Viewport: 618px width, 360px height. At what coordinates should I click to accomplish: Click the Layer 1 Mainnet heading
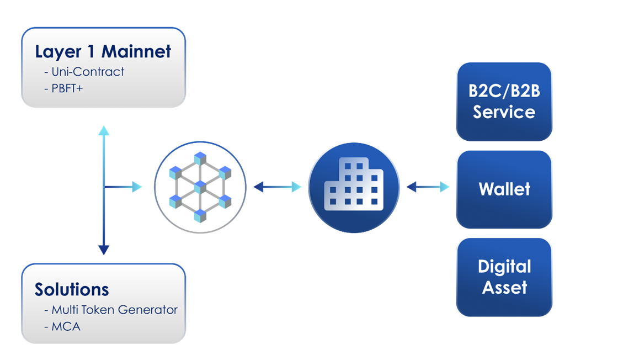(103, 52)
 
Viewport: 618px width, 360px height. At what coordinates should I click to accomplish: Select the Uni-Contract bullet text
(88, 72)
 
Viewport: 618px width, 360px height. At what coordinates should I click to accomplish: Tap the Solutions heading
(72, 289)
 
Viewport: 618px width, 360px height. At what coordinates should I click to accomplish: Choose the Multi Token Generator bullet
(114, 310)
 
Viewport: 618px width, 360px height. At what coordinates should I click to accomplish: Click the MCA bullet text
(66, 326)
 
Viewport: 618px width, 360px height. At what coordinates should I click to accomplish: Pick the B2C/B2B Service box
(504, 101)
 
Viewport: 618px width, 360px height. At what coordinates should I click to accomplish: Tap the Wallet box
(504, 189)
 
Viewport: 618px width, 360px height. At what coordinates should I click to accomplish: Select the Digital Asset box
(504, 277)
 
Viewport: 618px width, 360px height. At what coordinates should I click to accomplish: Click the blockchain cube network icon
(199, 188)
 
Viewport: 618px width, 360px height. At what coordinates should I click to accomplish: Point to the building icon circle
(353, 188)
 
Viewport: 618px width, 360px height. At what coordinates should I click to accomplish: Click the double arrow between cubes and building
(278, 188)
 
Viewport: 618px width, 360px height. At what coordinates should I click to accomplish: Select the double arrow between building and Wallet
(428, 188)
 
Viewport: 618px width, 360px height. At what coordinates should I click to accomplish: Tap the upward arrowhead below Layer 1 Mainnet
(104, 131)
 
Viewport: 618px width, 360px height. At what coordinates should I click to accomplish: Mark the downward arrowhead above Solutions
(104, 250)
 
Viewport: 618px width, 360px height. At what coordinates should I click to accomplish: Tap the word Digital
(504, 267)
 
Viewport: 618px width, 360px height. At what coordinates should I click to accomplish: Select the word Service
(504, 112)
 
